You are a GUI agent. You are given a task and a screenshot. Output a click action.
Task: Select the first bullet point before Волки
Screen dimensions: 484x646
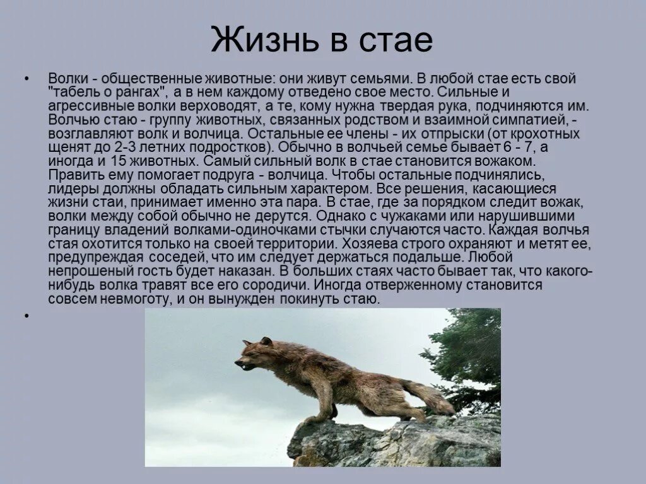(x=26, y=79)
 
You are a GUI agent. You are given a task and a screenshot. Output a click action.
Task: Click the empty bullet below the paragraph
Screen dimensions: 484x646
(x=26, y=314)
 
